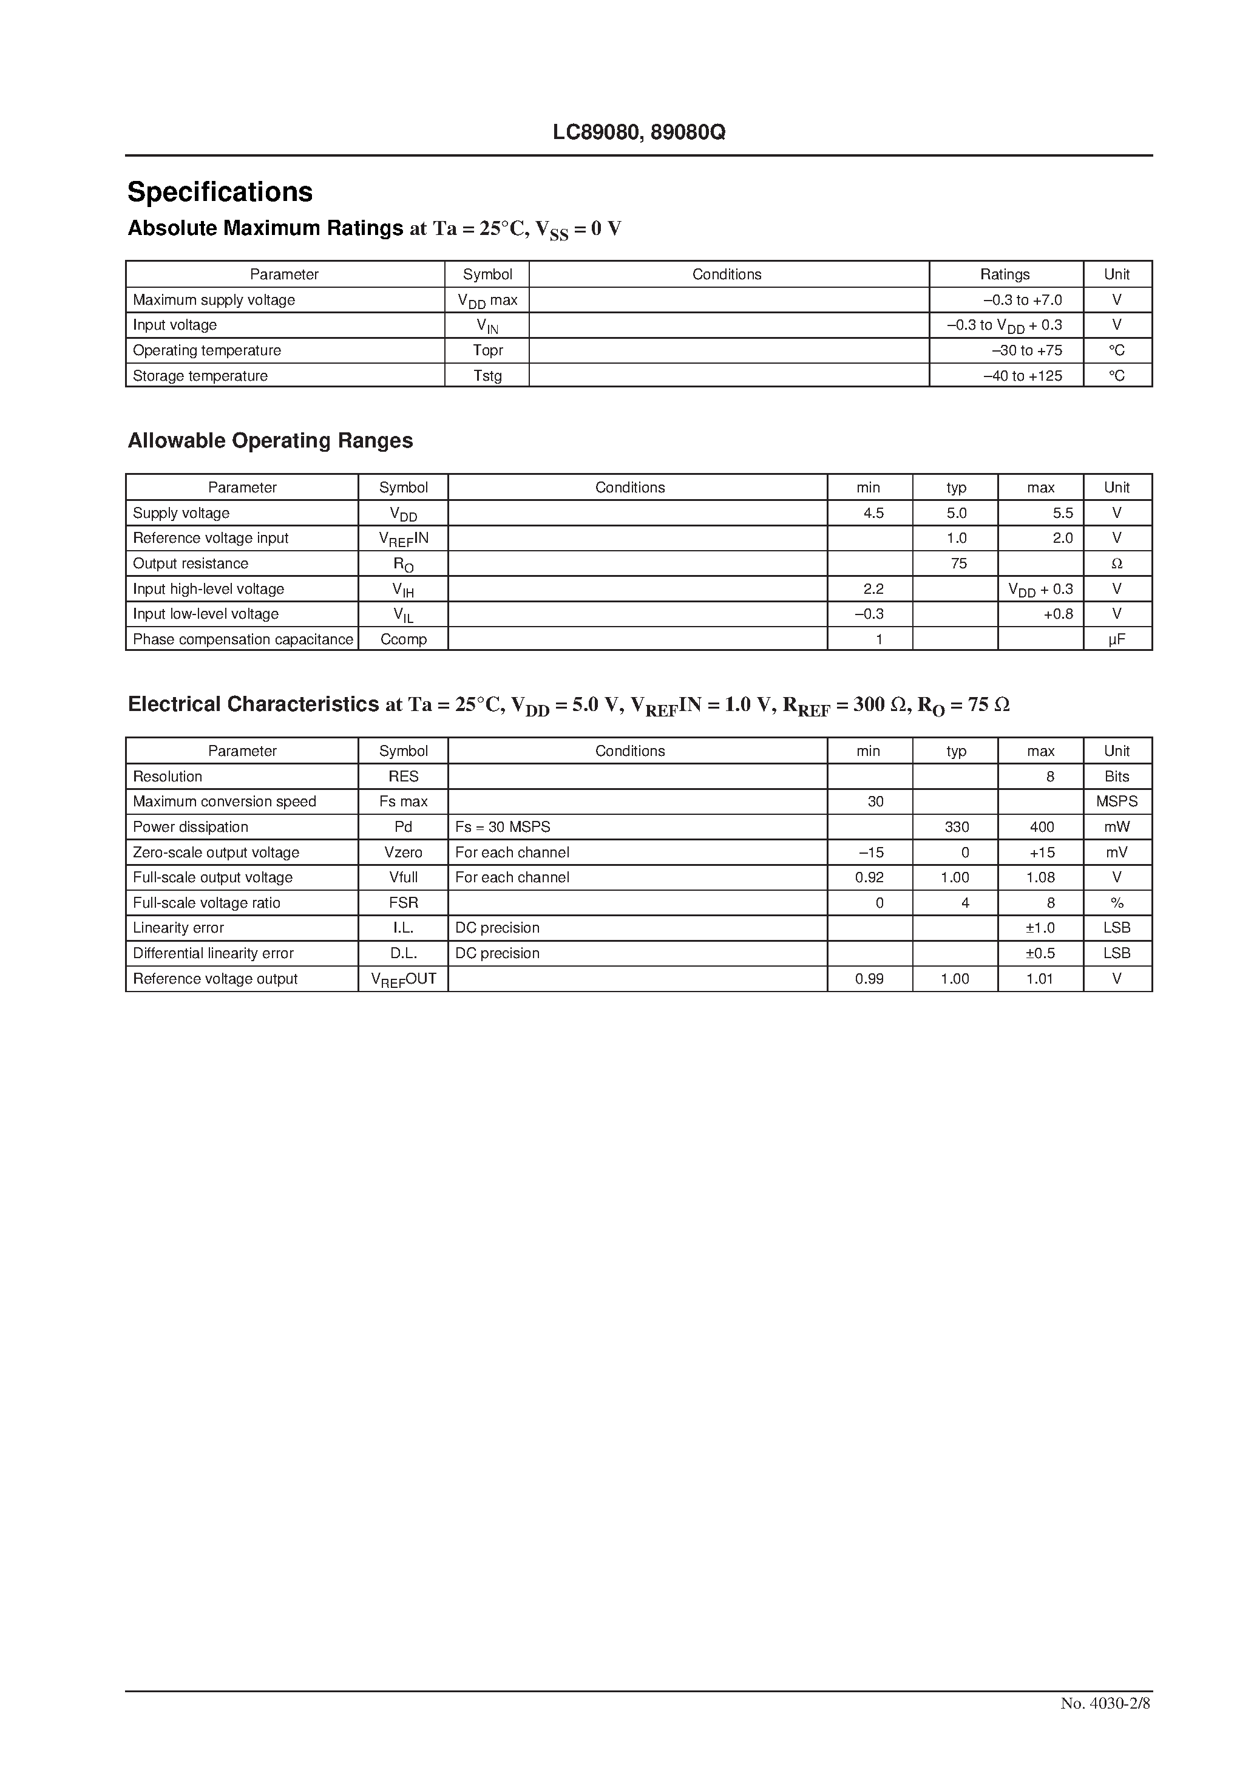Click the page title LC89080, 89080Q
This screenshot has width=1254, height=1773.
[x=639, y=133]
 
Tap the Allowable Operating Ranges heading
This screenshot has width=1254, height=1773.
[x=270, y=440]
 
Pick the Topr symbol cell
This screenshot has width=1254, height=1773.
[x=487, y=350]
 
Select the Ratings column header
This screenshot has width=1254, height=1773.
[x=1005, y=274]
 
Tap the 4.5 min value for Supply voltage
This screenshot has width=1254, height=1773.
[x=873, y=512]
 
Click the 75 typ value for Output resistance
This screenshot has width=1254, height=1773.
[x=958, y=563]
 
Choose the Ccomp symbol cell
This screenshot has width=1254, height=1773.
[x=403, y=639]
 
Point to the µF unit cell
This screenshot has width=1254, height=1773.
[x=1117, y=639]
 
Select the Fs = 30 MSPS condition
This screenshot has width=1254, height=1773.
[x=503, y=827]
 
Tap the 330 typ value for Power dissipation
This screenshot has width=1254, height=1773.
[x=957, y=827]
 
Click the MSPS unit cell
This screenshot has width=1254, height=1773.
[x=1117, y=801]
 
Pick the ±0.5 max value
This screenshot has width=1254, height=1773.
[x=1040, y=954]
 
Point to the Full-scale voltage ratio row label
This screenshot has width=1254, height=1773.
[x=206, y=903]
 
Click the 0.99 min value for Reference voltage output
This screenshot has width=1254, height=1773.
[x=869, y=979]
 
